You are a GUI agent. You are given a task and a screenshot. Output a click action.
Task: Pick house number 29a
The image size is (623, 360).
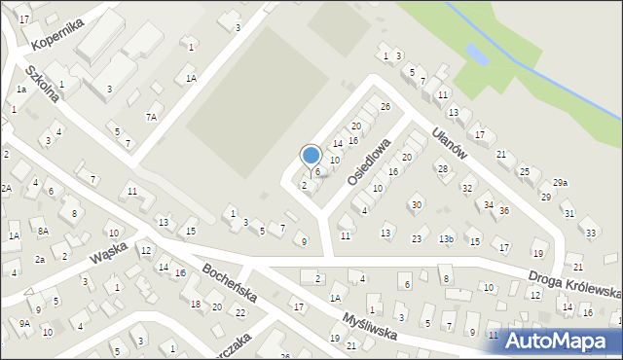[560, 183]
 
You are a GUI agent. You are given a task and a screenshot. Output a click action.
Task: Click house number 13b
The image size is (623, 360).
[446, 239]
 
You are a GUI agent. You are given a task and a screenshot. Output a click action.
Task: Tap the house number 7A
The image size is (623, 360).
[151, 117]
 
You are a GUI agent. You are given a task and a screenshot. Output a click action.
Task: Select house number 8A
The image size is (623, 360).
[43, 231]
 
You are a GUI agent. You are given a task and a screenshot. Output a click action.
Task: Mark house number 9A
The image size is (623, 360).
[24, 323]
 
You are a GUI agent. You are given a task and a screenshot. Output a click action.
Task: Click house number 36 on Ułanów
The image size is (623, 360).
[504, 210]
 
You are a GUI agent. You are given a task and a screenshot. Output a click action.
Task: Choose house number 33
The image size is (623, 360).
[590, 233]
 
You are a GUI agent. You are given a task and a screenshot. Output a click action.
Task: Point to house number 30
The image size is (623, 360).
[416, 204]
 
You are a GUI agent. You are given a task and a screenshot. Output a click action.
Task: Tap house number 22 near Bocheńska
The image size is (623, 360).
[240, 312]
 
